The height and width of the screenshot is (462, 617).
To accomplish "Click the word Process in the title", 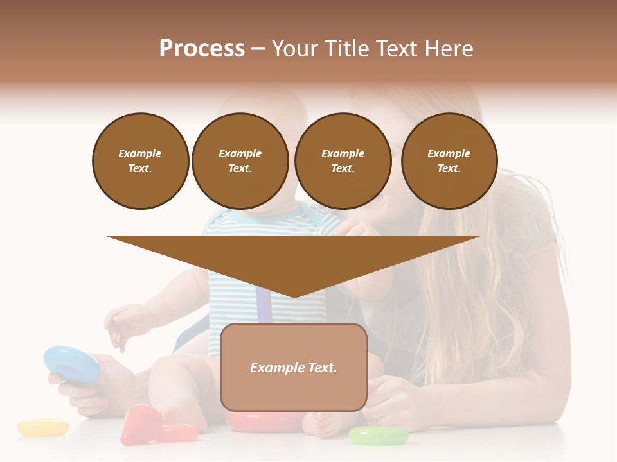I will [x=202, y=49].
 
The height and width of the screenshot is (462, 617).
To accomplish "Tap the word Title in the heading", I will [x=346, y=49].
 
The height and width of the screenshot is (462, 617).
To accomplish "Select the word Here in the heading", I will [x=449, y=49].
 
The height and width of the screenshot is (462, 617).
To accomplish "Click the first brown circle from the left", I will [x=140, y=161].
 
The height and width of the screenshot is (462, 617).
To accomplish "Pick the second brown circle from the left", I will [x=240, y=161].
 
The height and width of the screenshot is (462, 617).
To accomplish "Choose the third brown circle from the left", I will [x=343, y=161].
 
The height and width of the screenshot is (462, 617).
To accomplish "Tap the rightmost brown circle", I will [x=449, y=161].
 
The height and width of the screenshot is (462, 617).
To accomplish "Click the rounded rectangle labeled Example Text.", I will [x=293, y=367].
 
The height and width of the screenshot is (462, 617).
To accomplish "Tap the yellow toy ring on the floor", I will [x=42, y=427].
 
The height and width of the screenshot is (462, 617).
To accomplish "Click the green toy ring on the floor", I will [x=379, y=436].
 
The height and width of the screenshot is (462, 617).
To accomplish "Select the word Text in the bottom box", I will [x=320, y=368].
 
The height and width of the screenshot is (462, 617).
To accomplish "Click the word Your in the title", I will [x=294, y=49].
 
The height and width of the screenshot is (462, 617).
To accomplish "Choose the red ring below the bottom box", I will [x=264, y=422].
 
